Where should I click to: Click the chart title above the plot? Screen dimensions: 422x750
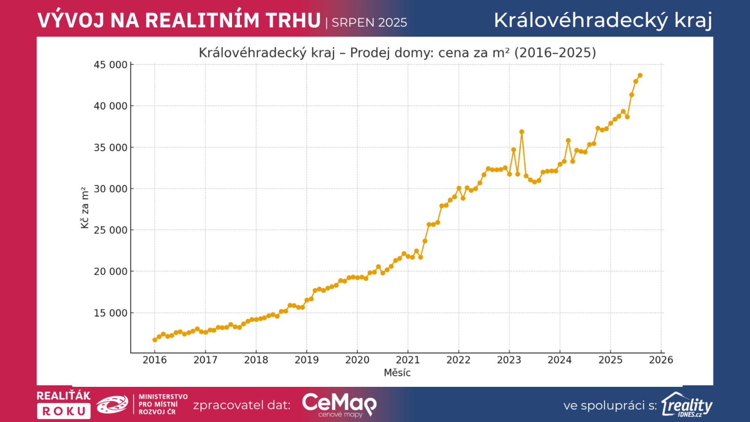(x=397, y=53)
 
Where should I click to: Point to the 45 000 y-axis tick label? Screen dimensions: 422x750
(x=111, y=65)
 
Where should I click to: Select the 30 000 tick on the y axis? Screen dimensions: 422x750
(x=111, y=189)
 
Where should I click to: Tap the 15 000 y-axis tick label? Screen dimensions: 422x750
(x=111, y=313)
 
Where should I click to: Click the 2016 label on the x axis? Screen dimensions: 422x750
(x=155, y=360)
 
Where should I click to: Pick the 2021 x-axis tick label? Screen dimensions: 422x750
(x=408, y=360)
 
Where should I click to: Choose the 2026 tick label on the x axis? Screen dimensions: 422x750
(x=661, y=360)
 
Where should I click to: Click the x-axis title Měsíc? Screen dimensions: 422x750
(x=397, y=373)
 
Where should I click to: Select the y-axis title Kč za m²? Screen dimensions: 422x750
(x=85, y=208)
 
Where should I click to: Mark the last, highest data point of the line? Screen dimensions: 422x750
(x=640, y=75)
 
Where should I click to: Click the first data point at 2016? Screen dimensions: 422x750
(x=155, y=340)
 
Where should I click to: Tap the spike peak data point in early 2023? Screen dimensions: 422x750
(x=522, y=132)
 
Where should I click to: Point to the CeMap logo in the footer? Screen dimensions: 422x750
(x=339, y=404)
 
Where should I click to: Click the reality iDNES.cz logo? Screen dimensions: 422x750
(x=687, y=405)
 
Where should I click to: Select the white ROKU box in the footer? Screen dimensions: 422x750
(x=64, y=411)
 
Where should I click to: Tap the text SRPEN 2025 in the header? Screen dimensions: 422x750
(x=369, y=23)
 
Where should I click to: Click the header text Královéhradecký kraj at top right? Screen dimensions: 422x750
(x=603, y=20)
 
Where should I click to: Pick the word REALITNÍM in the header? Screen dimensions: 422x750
(x=202, y=21)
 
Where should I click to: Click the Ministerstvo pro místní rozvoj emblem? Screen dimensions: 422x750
(x=112, y=404)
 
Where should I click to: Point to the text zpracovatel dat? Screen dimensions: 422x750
(x=241, y=405)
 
